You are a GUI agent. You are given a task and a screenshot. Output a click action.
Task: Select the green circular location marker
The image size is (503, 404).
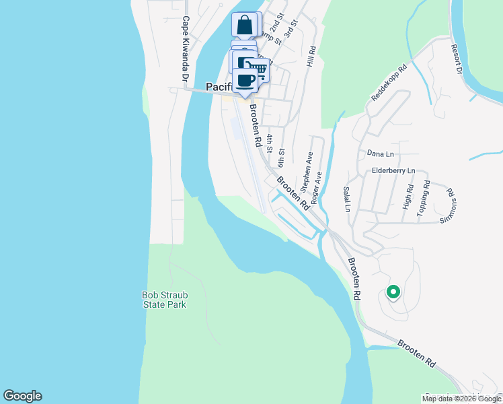point(393,292)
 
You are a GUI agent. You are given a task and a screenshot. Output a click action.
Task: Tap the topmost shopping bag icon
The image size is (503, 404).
point(245,25)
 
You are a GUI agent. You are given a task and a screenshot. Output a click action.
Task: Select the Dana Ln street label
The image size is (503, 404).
point(380,154)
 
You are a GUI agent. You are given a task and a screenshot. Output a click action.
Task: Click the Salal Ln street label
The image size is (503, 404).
point(347,199)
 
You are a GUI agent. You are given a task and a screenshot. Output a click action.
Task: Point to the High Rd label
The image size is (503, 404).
point(407,196)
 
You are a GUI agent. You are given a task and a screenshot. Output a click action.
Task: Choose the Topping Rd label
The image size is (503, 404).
point(424,197)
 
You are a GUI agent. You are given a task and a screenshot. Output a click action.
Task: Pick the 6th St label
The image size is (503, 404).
point(281,159)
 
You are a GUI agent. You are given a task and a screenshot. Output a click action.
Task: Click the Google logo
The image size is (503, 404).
point(22,396)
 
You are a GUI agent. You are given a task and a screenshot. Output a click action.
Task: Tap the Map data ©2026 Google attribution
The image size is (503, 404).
point(461,399)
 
